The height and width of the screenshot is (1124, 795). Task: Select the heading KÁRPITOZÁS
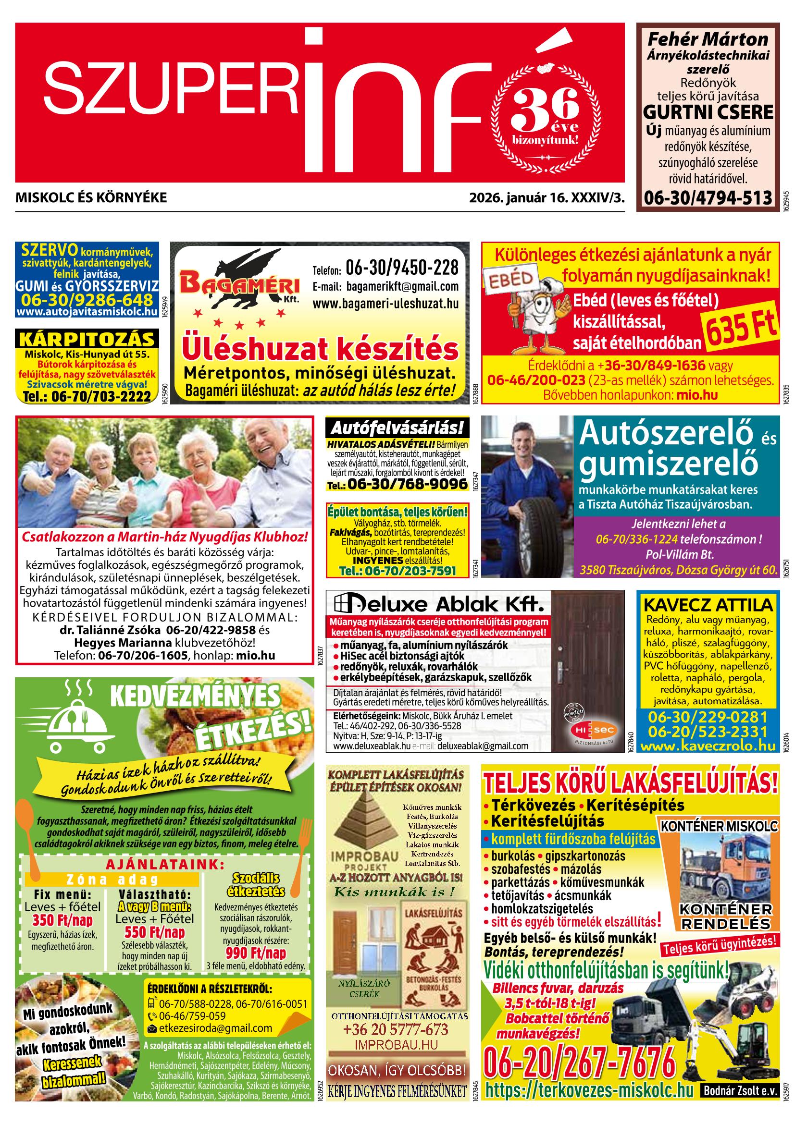click(87, 339)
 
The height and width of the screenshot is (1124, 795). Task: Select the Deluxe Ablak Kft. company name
click(438, 604)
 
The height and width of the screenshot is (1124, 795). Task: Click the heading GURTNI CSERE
click(708, 112)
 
